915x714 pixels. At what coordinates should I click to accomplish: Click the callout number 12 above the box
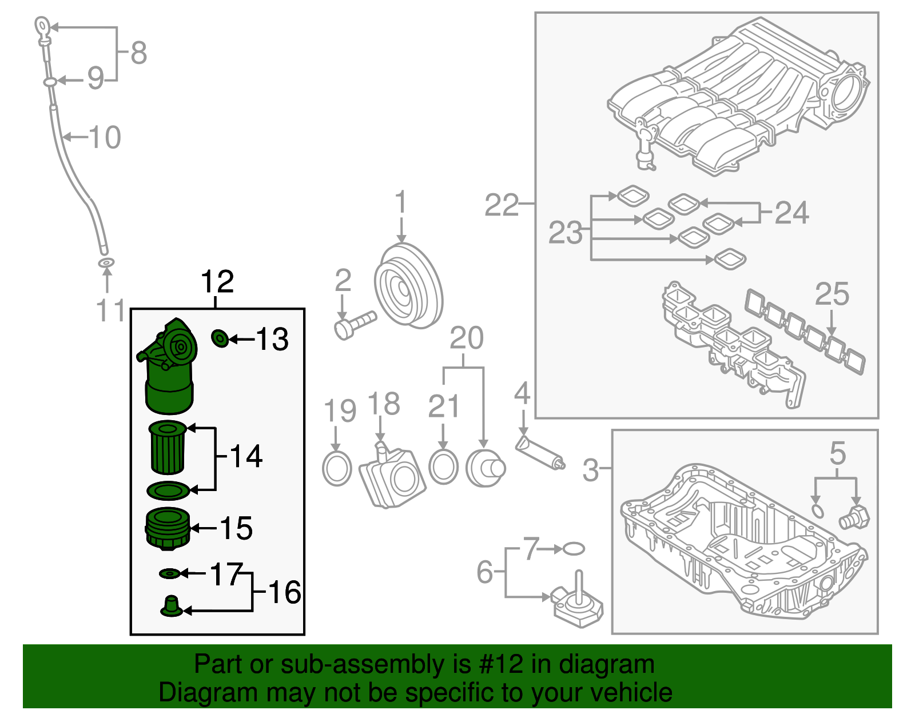point(217,282)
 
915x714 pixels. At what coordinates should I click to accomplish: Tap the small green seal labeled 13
point(220,338)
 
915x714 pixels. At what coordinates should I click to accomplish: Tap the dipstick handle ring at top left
point(43,26)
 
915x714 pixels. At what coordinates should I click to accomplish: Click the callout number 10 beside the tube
point(104,137)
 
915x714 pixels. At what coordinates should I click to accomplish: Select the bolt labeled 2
point(355,325)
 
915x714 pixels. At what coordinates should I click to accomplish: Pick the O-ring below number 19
point(337,468)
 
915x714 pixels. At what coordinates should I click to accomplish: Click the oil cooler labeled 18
point(393,477)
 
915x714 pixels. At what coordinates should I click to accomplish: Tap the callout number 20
point(466,338)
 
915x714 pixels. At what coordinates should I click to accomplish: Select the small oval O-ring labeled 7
point(574,549)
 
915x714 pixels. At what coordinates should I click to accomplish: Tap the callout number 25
point(832,294)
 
